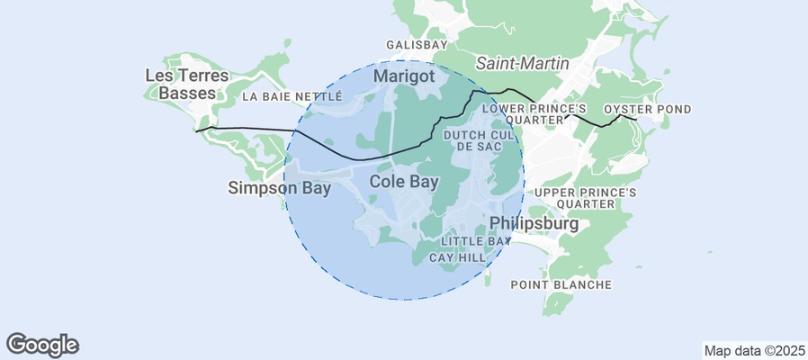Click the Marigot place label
(404, 76)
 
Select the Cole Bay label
(404, 182)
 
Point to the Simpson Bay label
(279, 188)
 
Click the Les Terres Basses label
(187, 84)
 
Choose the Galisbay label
(417, 44)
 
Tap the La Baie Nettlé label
(292, 96)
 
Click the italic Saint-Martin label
(522, 63)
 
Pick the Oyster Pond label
(647, 110)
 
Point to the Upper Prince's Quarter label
(586, 198)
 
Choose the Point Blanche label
(561, 285)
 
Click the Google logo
(42, 344)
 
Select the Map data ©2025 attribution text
(753, 350)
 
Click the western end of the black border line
(196, 131)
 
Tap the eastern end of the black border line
(637, 119)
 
